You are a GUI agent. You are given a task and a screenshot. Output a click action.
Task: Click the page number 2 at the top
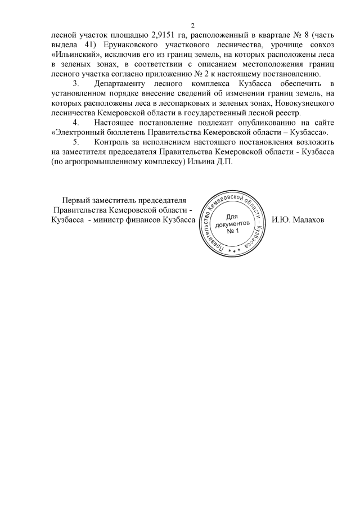click(193, 25)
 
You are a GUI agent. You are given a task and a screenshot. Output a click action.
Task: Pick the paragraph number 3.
click(78, 84)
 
